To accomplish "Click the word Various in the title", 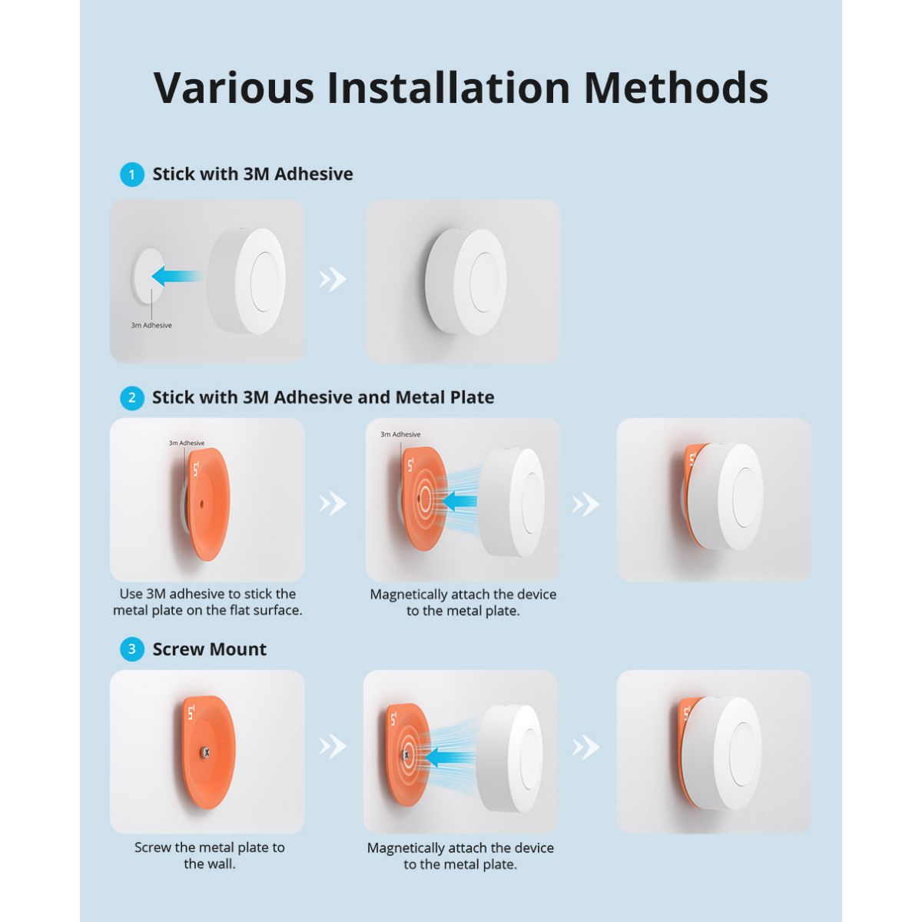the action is [234, 88].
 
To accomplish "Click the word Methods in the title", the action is [676, 88].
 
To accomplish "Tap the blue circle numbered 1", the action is [132, 174].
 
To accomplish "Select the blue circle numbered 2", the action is [132, 397].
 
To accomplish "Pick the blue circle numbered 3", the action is [132, 649].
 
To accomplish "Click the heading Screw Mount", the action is [209, 649].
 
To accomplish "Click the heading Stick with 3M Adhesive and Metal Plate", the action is [323, 397].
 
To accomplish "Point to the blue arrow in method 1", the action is [176, 276].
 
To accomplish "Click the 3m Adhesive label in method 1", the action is [151, 325].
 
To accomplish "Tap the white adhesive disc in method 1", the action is [146, 276].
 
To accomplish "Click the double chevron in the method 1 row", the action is [333, 279].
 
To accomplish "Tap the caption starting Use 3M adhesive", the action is [207, 602].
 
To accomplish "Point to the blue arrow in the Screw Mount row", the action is [450, 758].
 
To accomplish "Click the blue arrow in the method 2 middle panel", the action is [459, 501].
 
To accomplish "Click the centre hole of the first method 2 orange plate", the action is [201, 503].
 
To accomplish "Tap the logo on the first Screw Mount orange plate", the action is [191, 715].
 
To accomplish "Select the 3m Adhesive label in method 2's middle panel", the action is [400, 434].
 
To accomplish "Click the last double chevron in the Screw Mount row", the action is [585, 747].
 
